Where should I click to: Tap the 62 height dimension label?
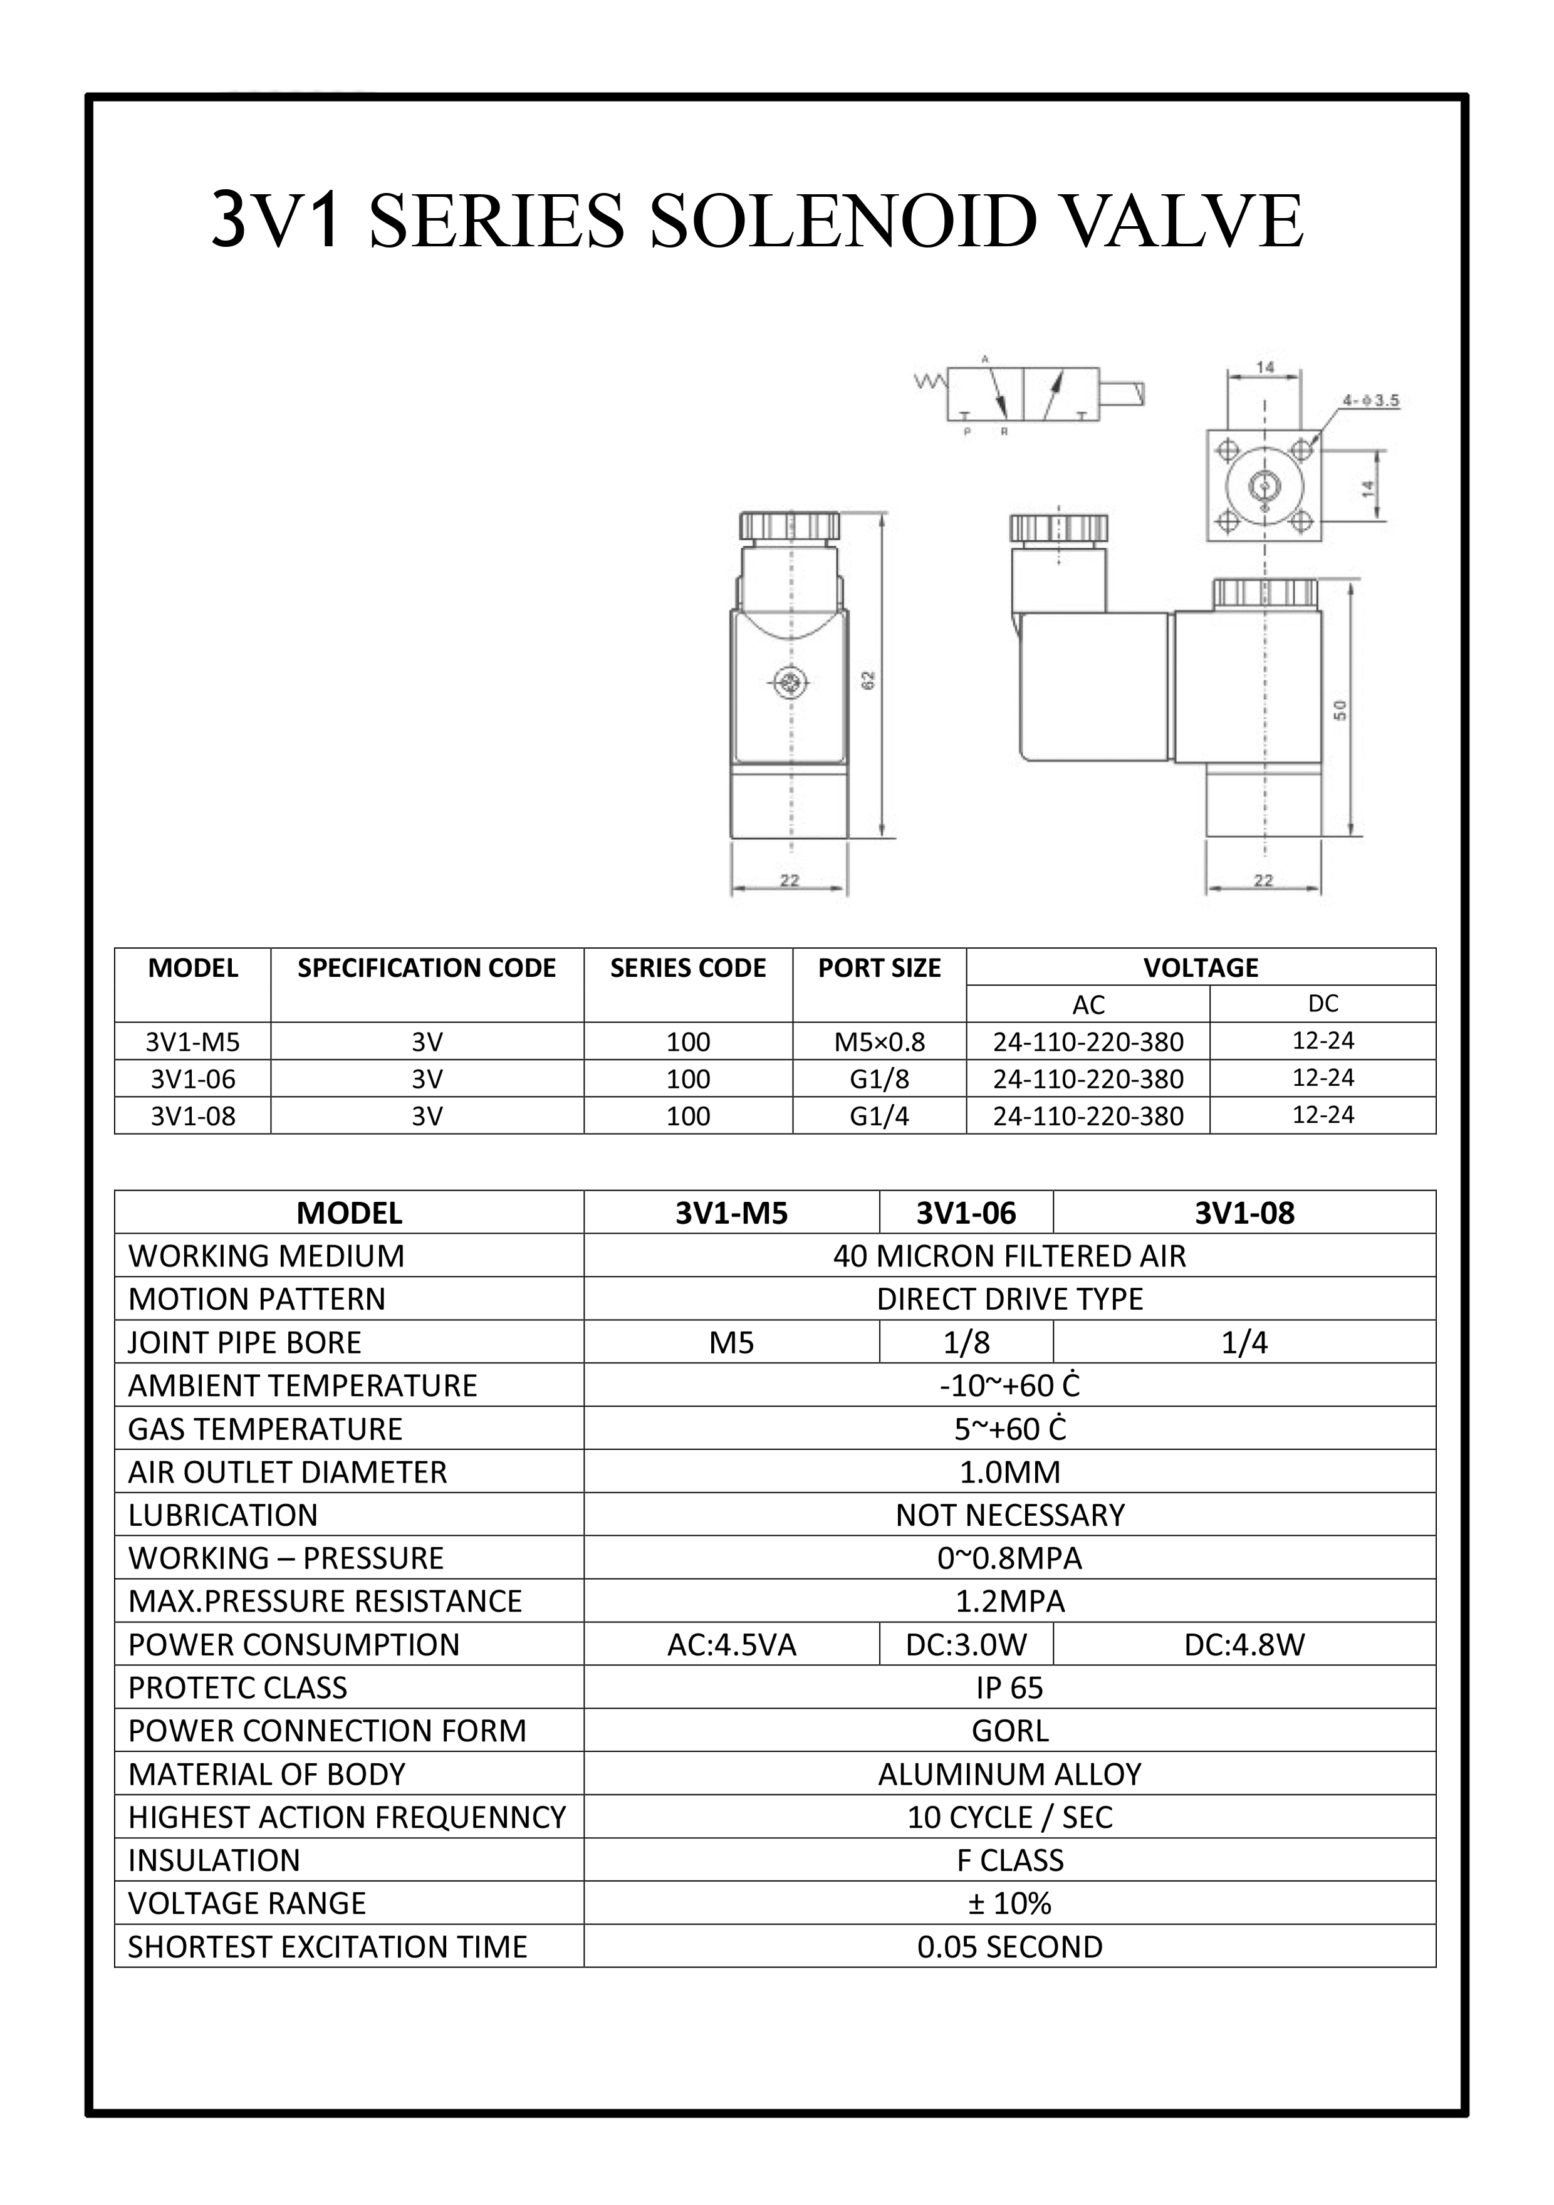(869, 680)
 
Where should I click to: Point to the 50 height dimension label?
(1341, 710)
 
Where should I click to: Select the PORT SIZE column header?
(879, 968)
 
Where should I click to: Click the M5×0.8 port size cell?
(879, 1042)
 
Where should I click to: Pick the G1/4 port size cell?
(879, 1116)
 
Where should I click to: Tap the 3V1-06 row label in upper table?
(193, 1080)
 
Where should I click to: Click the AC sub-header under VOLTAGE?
(1088, 1004)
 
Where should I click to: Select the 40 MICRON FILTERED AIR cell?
(1009, 1256)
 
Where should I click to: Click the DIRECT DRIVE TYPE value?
(1009, 1300)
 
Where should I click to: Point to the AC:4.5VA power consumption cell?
(732, 1645)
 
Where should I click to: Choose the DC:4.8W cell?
(1244, 1645)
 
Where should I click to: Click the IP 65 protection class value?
(1009, 1688)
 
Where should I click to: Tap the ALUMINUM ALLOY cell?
(1009, 1775)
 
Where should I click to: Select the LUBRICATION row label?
(223, 1516)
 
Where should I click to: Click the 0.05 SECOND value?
(1009, 1947)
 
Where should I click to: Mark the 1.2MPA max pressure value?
(1009, 1602)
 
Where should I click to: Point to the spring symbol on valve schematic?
(930, 382)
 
